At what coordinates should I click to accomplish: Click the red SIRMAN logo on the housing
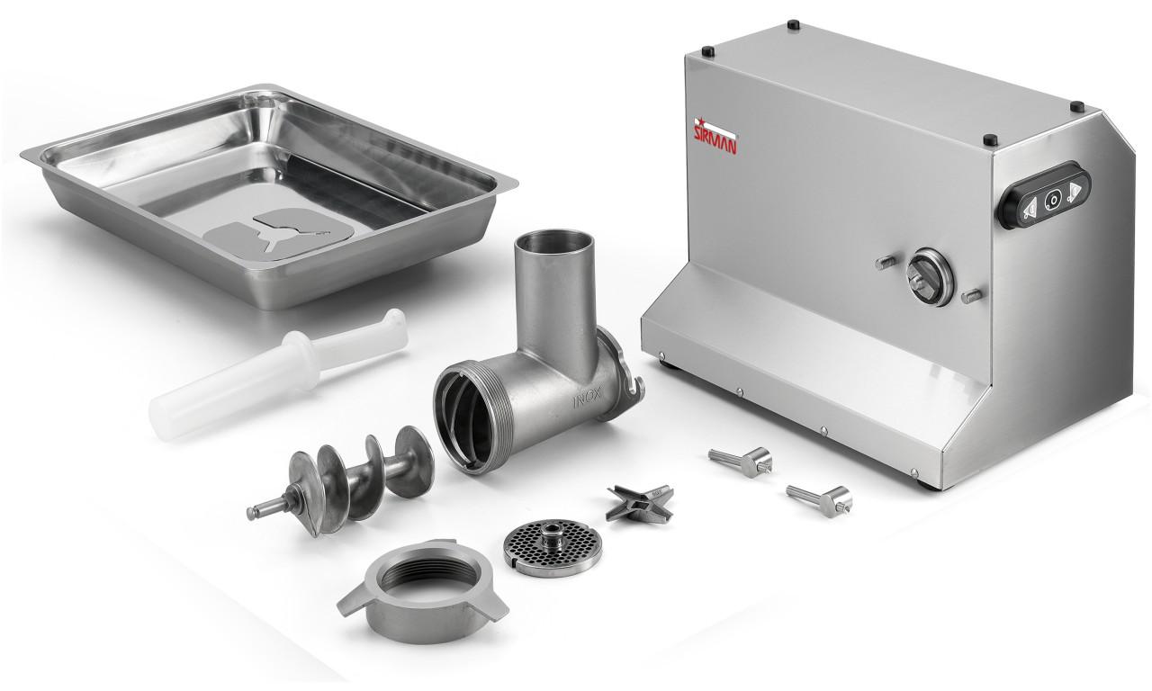coord(717,137)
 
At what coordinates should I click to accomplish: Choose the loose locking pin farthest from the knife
coord(820,498)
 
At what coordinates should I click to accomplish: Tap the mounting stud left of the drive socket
coord(885,263)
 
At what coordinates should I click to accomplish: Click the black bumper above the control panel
coord(989,140)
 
